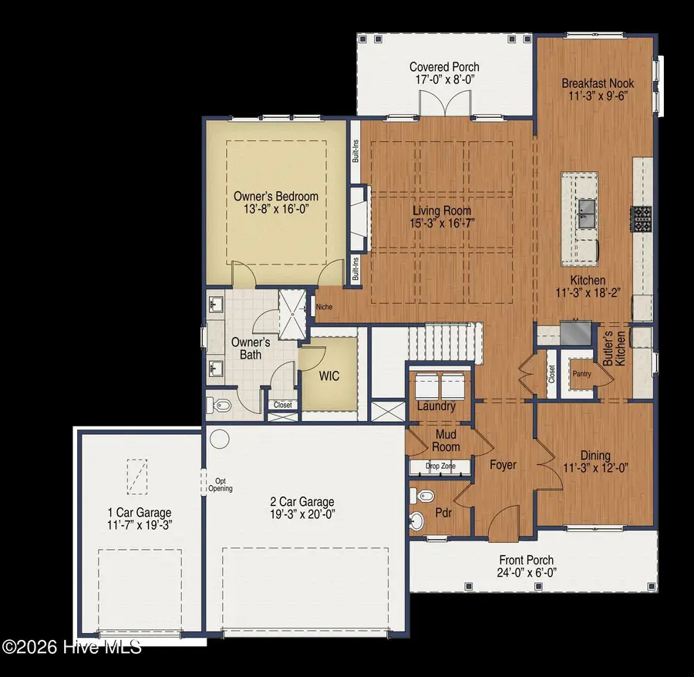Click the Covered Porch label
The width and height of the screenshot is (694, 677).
[x=444, y=67]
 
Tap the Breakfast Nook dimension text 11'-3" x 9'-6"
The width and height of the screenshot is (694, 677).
[x=598, y=96]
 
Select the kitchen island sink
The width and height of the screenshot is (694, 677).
[x=588, y=214]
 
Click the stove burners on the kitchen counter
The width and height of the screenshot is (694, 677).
[x=642, y=218]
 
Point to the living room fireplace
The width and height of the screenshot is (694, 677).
[x=359, y=218]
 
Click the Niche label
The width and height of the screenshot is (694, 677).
[x=324, y=307]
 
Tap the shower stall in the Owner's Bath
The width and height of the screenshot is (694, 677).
[x=292, y=314]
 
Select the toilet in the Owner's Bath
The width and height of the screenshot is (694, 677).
[x=219, y=405]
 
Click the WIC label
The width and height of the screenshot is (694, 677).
[x=328, y=376]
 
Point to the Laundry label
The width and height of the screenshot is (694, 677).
[x=436, y=406]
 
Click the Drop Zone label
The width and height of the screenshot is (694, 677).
[x=440, y=466]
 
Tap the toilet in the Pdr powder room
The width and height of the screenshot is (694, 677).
[x=419, y=496]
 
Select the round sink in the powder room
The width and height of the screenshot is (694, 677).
[x=416, y=521]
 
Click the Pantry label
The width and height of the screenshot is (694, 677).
[x=581, y=374]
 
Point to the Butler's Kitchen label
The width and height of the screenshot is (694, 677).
[x=614, y=349]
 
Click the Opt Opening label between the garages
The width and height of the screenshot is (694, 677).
[x=221, y=484]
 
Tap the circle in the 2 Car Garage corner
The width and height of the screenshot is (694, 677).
[x=220, y=439]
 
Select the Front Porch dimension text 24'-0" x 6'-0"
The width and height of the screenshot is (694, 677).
[x=527, y=573]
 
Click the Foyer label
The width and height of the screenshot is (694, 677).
[x=503, y=465]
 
